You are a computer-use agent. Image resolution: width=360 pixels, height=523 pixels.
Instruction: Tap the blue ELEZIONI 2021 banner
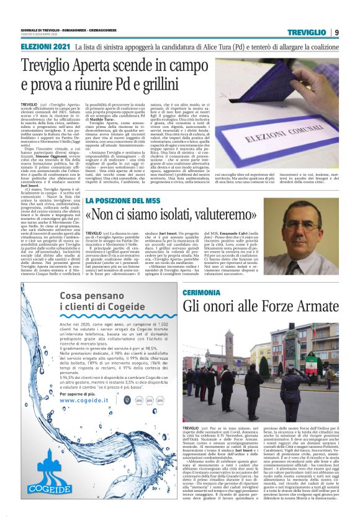(44, 47)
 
